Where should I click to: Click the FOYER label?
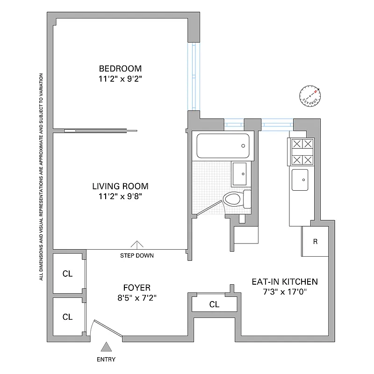(137, 288)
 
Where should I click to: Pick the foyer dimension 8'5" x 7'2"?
(137, 298)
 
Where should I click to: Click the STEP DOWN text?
(137, 256)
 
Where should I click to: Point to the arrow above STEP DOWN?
(137, 245)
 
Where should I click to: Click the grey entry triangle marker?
(107, 346)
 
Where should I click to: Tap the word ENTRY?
(106, 360)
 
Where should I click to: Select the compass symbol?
(310, 94)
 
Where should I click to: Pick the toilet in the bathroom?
(234, 199)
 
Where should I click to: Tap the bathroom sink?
(242, 174)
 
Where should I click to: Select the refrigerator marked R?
(316, 242)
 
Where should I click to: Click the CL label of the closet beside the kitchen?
(214, 305)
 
